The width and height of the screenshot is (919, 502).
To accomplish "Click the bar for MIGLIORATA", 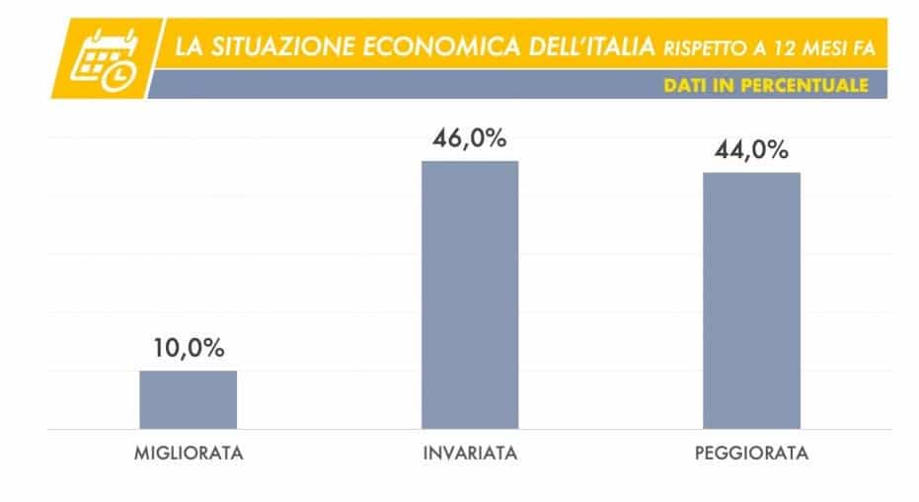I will (x=188, y=399).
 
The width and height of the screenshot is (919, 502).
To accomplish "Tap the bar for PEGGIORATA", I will (x=751, y=300).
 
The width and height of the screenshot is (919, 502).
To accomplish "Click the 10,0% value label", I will (x=189, y=348).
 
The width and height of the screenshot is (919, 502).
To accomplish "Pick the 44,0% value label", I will (x=752, y=150).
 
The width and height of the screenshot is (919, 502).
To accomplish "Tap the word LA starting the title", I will (x=187, y=46).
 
